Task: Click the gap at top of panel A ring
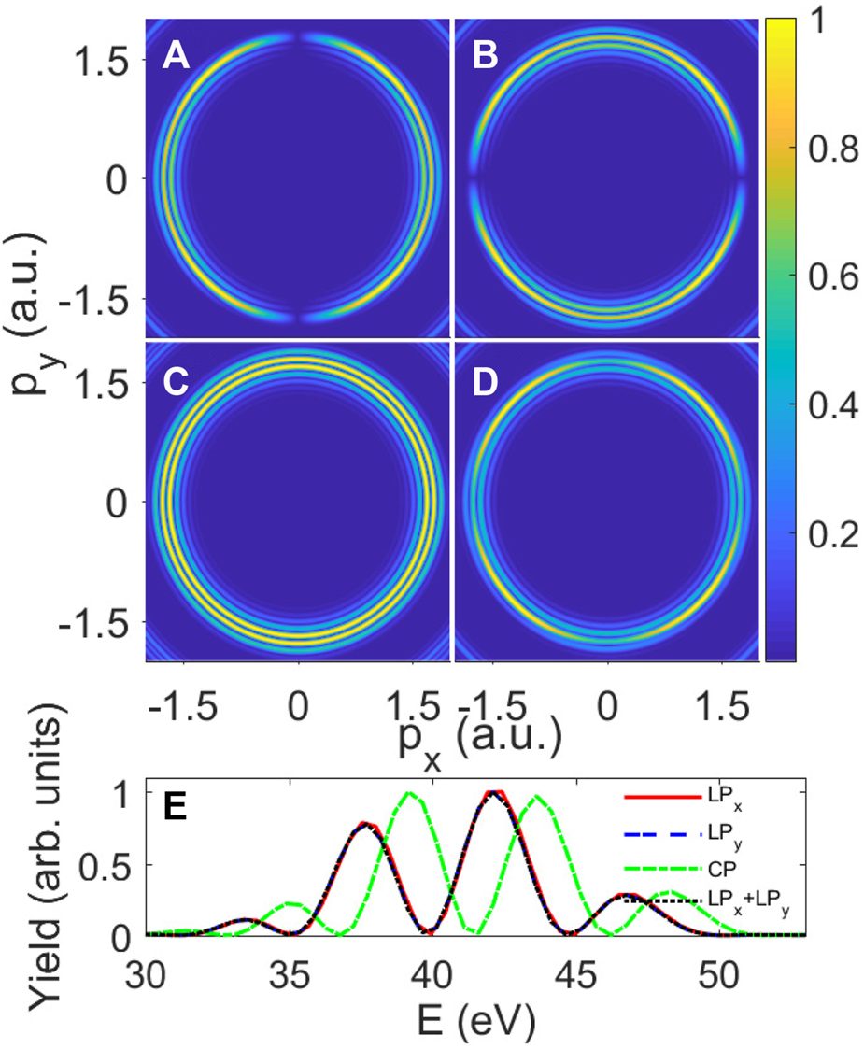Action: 298,36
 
